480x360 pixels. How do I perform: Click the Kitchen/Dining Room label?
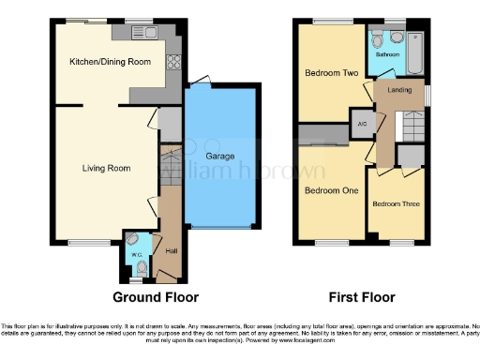110,62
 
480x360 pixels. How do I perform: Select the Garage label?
220,157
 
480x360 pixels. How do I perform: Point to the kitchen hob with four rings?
172,64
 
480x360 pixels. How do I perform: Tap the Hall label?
172,251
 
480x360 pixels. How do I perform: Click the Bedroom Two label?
325,72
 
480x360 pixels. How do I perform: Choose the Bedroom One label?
324,190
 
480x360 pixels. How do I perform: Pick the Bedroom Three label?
394,203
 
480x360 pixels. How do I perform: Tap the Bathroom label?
388,54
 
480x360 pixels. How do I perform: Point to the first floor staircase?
408,123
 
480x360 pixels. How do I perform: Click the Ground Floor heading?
156,297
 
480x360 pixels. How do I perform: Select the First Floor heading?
361,297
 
